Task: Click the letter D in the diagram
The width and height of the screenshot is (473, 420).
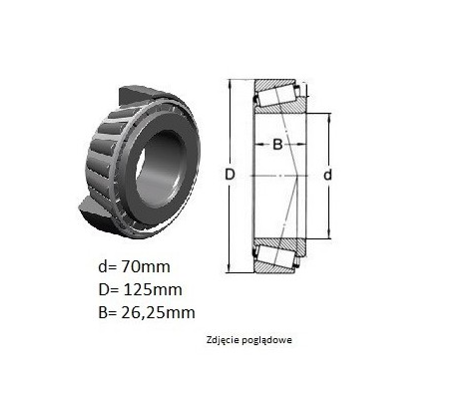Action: click(x=230, y=175)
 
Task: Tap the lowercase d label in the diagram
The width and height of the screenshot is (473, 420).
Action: click(x=327, y=175)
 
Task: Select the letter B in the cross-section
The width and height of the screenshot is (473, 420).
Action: click(x=277, y=145)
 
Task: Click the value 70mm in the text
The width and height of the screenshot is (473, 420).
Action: click(x=146, y=266)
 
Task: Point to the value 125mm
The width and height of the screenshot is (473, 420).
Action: click(x=153, y=289)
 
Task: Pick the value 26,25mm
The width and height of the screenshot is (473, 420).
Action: click(x=158, y=313)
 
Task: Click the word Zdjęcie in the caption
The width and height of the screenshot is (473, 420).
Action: click(x=221, y=340)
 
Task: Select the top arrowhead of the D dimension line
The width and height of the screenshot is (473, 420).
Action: click(x=230, y=83)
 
